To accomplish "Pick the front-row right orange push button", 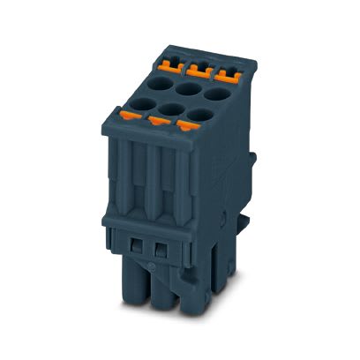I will (x=185, y=124).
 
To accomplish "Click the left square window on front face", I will (x=136, y=244).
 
